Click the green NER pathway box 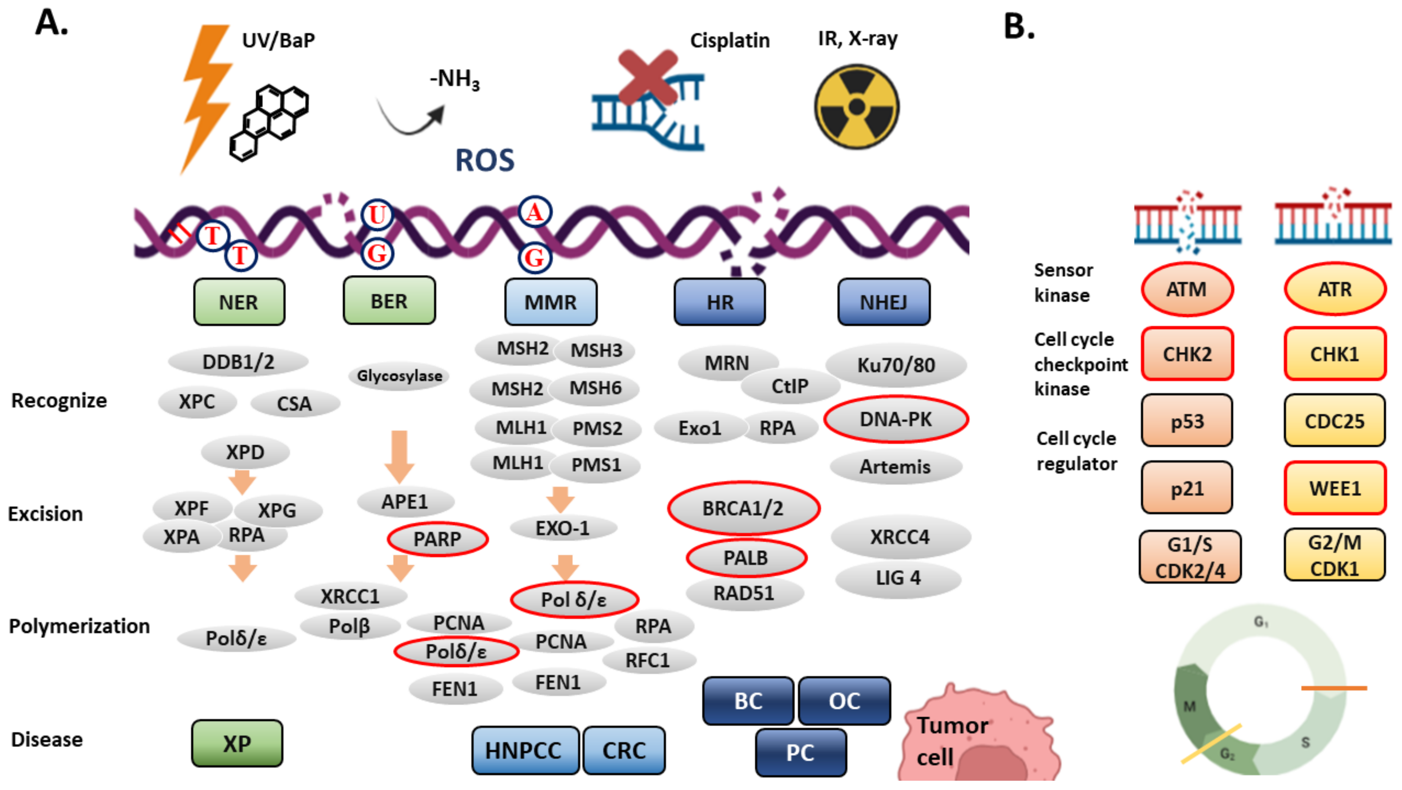[x=239, y=302]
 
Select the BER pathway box [x=389, y=300]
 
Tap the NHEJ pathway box [x=884, y=302]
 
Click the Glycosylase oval [x=399, y=376]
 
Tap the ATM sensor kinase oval [x=1187, y=289]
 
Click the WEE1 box [x=1335, y=488]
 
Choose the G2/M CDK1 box [x=1335, y=556]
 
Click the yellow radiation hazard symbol [x=857, y=107]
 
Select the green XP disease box [x=237, y=743]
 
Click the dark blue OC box [x=844, y=701]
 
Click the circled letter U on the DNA [x=377, y=215]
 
